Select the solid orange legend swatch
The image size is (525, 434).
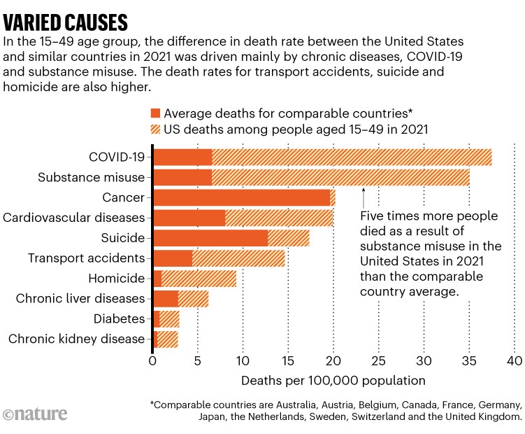click(155, 113)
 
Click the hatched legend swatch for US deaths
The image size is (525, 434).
click(155, 129)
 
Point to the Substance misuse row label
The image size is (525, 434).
click(92, 178)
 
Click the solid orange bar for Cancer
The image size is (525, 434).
click(241, 198)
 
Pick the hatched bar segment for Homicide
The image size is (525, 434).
click(199, 279)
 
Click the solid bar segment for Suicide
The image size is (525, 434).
click(210, 238)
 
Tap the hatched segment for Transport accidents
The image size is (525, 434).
click(238, 258)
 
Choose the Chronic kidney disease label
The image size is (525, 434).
click(76, 339)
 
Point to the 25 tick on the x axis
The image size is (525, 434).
click(378, 361)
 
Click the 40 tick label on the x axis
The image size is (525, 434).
click(514, 361)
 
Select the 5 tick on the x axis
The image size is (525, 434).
click(198, 361)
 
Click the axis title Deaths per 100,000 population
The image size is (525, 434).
click(333, 381)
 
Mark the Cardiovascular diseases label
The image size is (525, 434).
click(73, 218)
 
